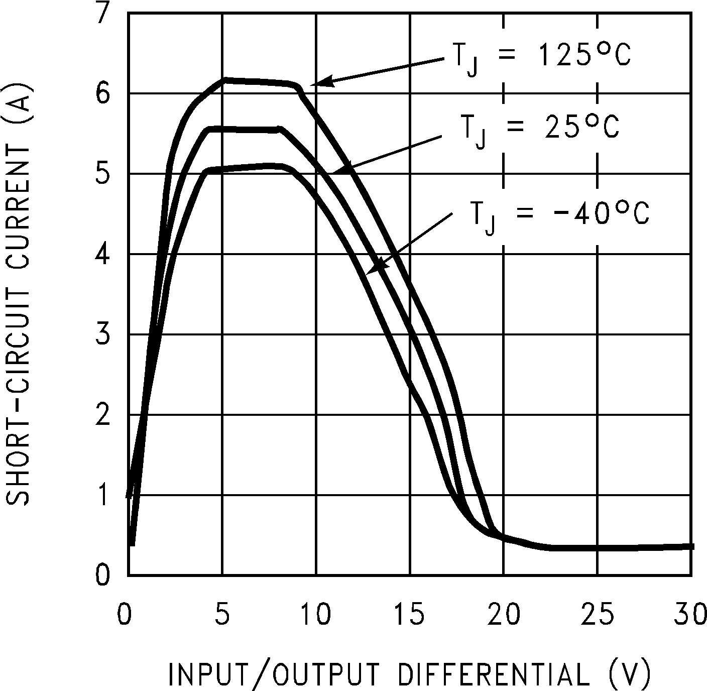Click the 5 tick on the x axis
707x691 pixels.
click(222, 615)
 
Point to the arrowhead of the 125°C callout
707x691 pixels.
click(315, 83)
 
